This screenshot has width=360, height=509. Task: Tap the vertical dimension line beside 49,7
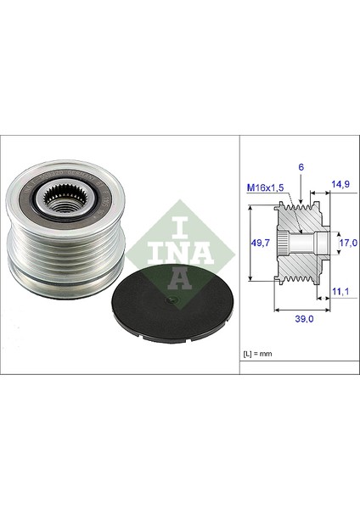coord(252,246)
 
